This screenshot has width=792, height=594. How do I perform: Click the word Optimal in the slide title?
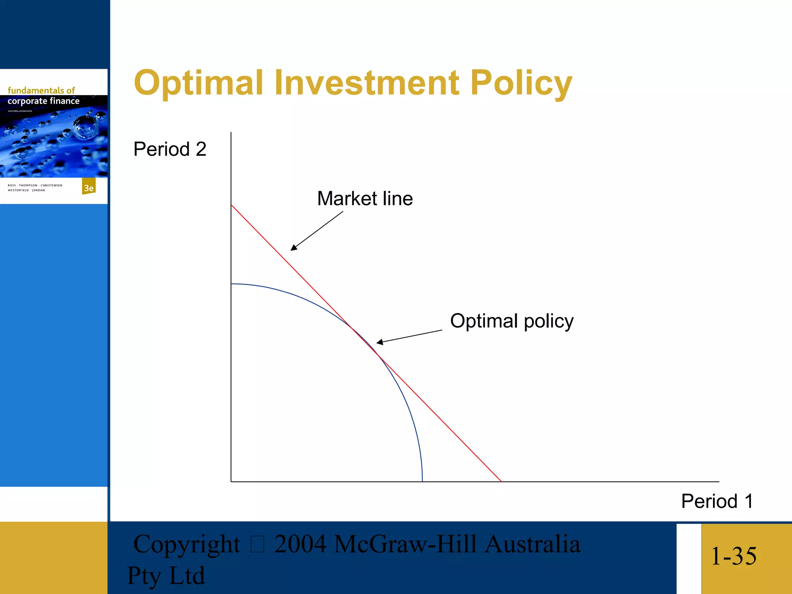click(x=198, y=82)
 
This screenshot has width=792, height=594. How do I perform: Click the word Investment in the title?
click(x=367, y=82)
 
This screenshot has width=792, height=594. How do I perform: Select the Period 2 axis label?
click(x=170, y=149)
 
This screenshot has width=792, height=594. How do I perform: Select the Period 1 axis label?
click(x=717, y=501)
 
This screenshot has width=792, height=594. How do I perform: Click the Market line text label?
click(x=365, y=198)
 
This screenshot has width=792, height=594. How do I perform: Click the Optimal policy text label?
click(x=512, y=321)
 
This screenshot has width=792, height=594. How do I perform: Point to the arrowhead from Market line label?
click(x=293, y=248)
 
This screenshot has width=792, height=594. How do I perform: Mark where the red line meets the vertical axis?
click(x=231, y=205)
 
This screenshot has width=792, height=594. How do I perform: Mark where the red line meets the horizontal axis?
click(x=501, y=481)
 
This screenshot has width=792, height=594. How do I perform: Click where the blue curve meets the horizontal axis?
click(x=422, y=481)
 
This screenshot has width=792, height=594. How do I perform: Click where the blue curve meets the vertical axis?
click(x=231, y=284)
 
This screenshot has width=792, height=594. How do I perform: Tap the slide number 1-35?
click(x=734, y=556)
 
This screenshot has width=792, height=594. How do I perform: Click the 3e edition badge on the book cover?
click(x=89, y=188)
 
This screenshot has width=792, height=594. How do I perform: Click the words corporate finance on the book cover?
click(x=43, y=101)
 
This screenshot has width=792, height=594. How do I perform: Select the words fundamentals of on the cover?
click(x=41, y=90)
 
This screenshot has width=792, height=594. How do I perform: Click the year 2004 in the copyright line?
click(x=300, y=544)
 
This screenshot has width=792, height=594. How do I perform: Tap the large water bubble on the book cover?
click(x=86, y=128)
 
